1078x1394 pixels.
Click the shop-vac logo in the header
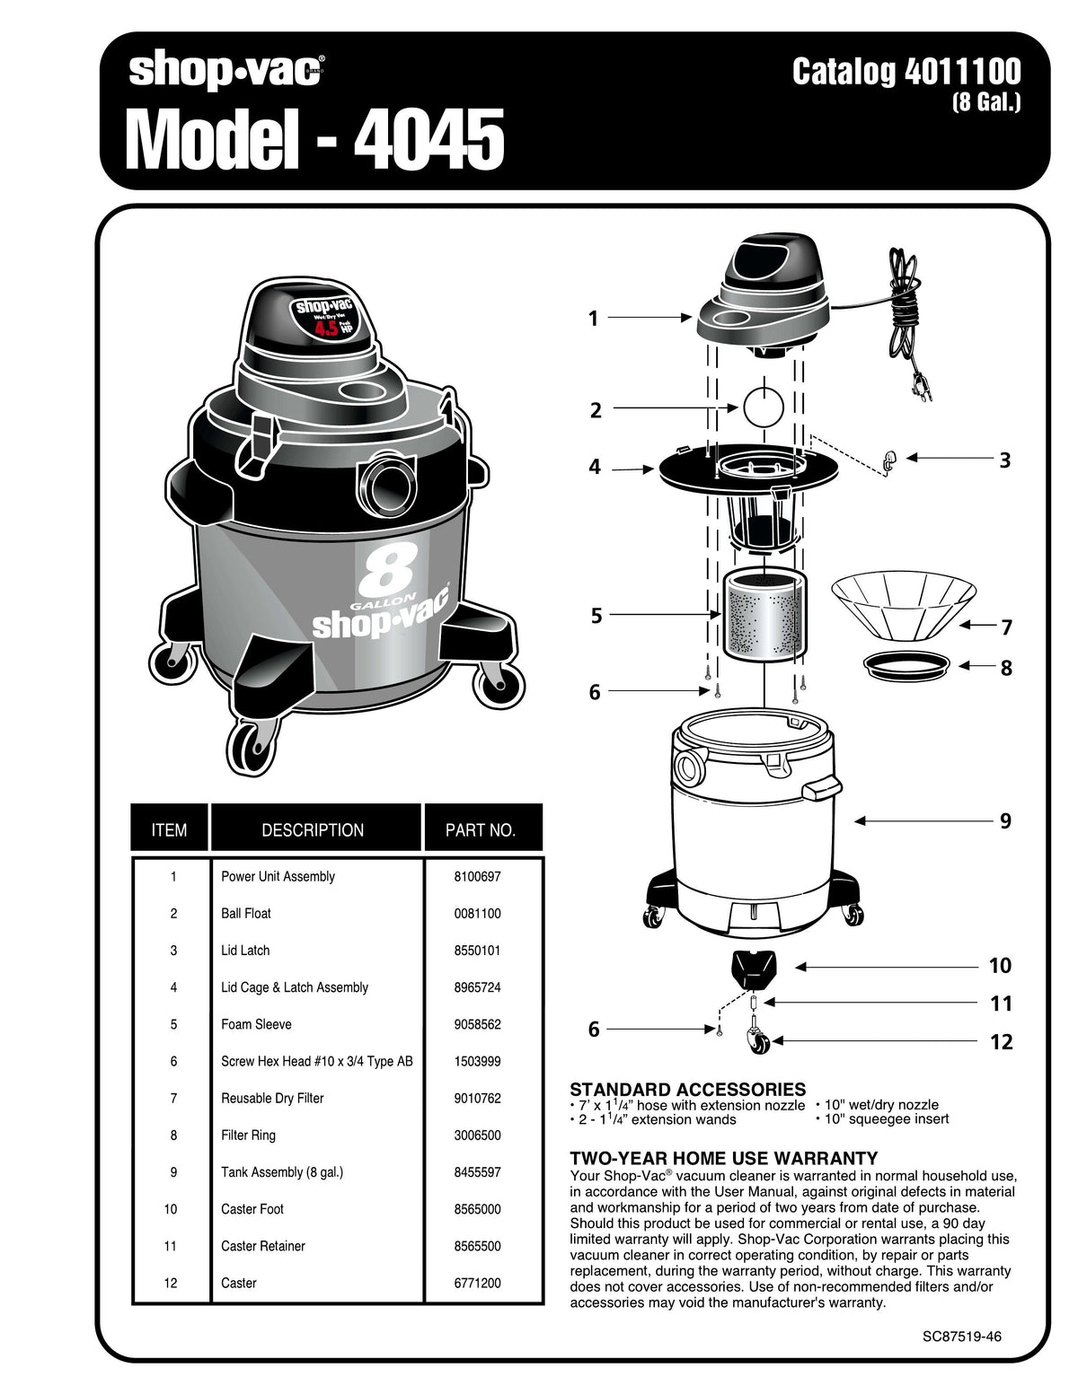tap(226, 72)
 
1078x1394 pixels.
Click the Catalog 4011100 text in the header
tap(906, 72)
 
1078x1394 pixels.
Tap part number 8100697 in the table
tap(477, 876)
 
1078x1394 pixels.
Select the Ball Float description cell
tap(246, 913)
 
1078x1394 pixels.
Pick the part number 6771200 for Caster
tap(477, 1283)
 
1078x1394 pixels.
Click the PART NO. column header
tap(481, 830)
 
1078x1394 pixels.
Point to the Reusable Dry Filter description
tap(272, 1098)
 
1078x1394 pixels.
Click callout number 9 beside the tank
tap(1005, 820)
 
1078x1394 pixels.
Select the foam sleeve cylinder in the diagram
tap(763, 615)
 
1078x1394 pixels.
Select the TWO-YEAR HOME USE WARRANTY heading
tap(724, 1158)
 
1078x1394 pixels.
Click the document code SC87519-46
tap(961, 1336)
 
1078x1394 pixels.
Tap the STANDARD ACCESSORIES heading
tap(687, 1089)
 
